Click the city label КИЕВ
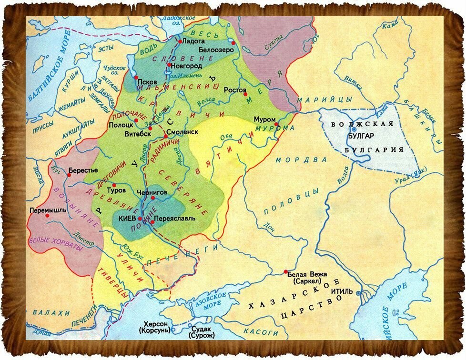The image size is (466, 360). tap(126, 220)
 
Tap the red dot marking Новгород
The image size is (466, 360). tap(169, 65)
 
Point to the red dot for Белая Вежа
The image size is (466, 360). tap(285, 272)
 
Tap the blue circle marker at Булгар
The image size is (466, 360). tap(354, 129)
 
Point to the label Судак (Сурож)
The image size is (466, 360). tap(203, 332)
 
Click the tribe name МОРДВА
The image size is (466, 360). tap(301, 160)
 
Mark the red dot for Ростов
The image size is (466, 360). tap(246, 94)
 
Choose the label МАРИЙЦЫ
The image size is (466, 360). tap(324, 99)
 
